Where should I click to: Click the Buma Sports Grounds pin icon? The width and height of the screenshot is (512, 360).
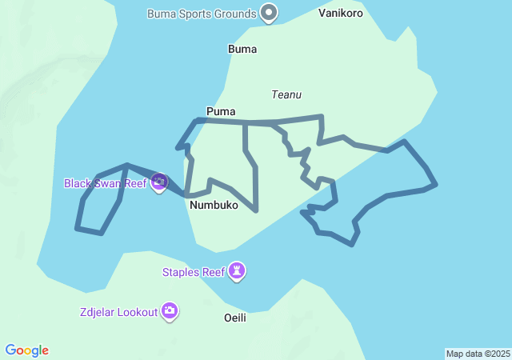pos(270,13)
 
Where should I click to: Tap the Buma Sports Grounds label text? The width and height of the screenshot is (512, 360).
pos(202,14)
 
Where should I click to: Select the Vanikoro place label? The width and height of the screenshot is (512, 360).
pos(341,14)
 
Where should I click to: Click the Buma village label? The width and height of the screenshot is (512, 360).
pos(242,49)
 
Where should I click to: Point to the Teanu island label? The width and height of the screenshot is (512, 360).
pos(286,94)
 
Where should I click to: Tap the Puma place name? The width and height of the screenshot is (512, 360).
pos(221,111)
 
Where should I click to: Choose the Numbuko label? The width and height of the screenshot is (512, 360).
pos(214,206)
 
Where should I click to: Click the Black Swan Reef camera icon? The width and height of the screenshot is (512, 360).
pos(158,182)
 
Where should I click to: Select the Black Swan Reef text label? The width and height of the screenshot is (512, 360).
pos(106,183)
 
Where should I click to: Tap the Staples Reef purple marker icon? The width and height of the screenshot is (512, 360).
pos(237,271)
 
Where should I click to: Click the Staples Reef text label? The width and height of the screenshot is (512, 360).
pos(194,272)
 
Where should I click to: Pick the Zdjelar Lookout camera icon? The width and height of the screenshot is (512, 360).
pos(169,311)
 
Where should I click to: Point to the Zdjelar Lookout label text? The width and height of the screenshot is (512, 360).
pos(118,312)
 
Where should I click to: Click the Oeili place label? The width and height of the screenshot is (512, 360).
pos(234,318)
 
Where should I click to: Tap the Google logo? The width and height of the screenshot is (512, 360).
pos(27,350)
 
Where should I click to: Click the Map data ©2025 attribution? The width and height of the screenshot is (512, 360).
pos(478,354)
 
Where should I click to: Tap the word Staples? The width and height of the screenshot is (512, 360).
pos(181,272)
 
